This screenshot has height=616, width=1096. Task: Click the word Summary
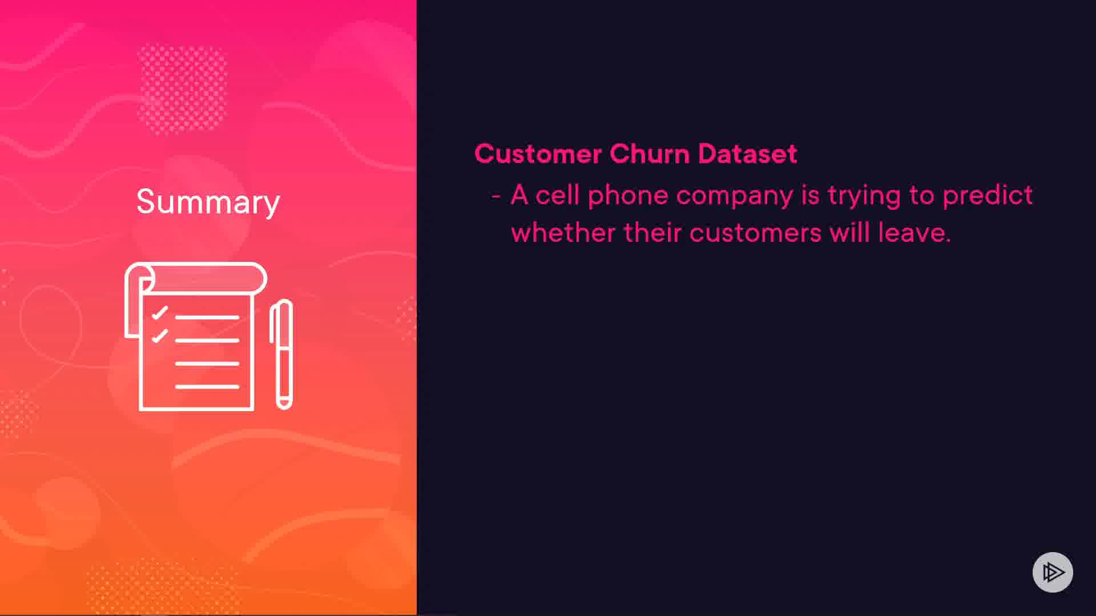(x=208, y=202)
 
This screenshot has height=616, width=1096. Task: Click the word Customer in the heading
(x=538, y=153)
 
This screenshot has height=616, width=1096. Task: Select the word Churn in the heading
(x=650, y=153)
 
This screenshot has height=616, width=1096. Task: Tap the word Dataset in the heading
(x=747, y=153)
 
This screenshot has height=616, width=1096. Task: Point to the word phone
(x=628, y=196)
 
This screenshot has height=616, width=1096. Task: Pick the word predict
(x=988, y=196)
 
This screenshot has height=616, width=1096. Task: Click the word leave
(x=914, y=233)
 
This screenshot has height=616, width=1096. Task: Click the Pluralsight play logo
(x=1053, y=572)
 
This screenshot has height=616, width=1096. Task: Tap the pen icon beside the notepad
(x=281, y=354)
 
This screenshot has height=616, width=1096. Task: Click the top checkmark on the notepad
(x=160, y=313)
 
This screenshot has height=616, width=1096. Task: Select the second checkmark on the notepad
(x=160, y=336)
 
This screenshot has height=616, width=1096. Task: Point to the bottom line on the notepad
(x=207, y=387)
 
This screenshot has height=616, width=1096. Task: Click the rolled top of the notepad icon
(x=196, y=279)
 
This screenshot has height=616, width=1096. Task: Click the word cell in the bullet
(x=557, y=196)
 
